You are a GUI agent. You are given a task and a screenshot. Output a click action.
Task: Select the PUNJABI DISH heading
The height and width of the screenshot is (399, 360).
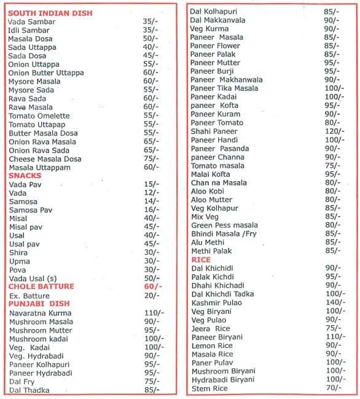coord(39,303)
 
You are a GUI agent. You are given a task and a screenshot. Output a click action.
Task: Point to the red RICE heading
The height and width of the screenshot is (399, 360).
coord(201,260)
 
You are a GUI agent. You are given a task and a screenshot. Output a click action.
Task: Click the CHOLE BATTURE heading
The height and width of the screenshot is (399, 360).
coord(41,286)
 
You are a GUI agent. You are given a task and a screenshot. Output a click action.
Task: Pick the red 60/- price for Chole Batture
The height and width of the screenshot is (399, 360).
coord(153,286)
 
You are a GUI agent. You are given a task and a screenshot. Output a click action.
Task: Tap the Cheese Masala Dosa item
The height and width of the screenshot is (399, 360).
coord(45,158)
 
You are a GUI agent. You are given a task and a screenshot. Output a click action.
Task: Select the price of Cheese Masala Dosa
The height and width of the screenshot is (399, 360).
coord(151,158)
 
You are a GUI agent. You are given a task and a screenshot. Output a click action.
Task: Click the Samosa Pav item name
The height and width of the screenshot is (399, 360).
coord(31,209)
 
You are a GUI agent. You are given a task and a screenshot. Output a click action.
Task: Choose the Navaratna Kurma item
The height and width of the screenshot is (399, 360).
coord(41,312)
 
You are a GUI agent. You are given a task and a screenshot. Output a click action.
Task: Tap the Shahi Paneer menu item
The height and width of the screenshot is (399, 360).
coord(214,131)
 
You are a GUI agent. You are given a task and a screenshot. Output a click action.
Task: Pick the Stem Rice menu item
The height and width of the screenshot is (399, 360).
coord(209,389)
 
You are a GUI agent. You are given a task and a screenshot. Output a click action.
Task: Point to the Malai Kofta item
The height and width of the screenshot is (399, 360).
coord(210,174)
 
